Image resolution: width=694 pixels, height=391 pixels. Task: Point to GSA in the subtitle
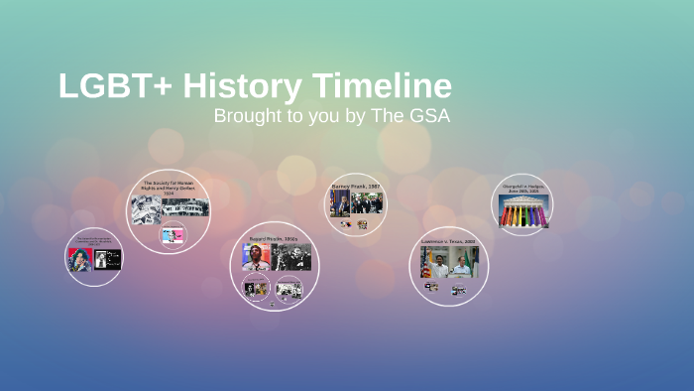(428, 116)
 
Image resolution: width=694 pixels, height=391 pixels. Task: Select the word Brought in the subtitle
(247, 116)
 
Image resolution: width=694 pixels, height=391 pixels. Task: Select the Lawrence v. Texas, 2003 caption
(449, 240)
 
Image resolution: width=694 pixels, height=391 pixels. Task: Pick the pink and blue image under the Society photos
(173, 235)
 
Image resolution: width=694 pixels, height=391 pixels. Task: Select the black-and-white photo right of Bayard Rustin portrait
(291, 258)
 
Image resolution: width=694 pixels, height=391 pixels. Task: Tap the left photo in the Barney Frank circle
(340, 203)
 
